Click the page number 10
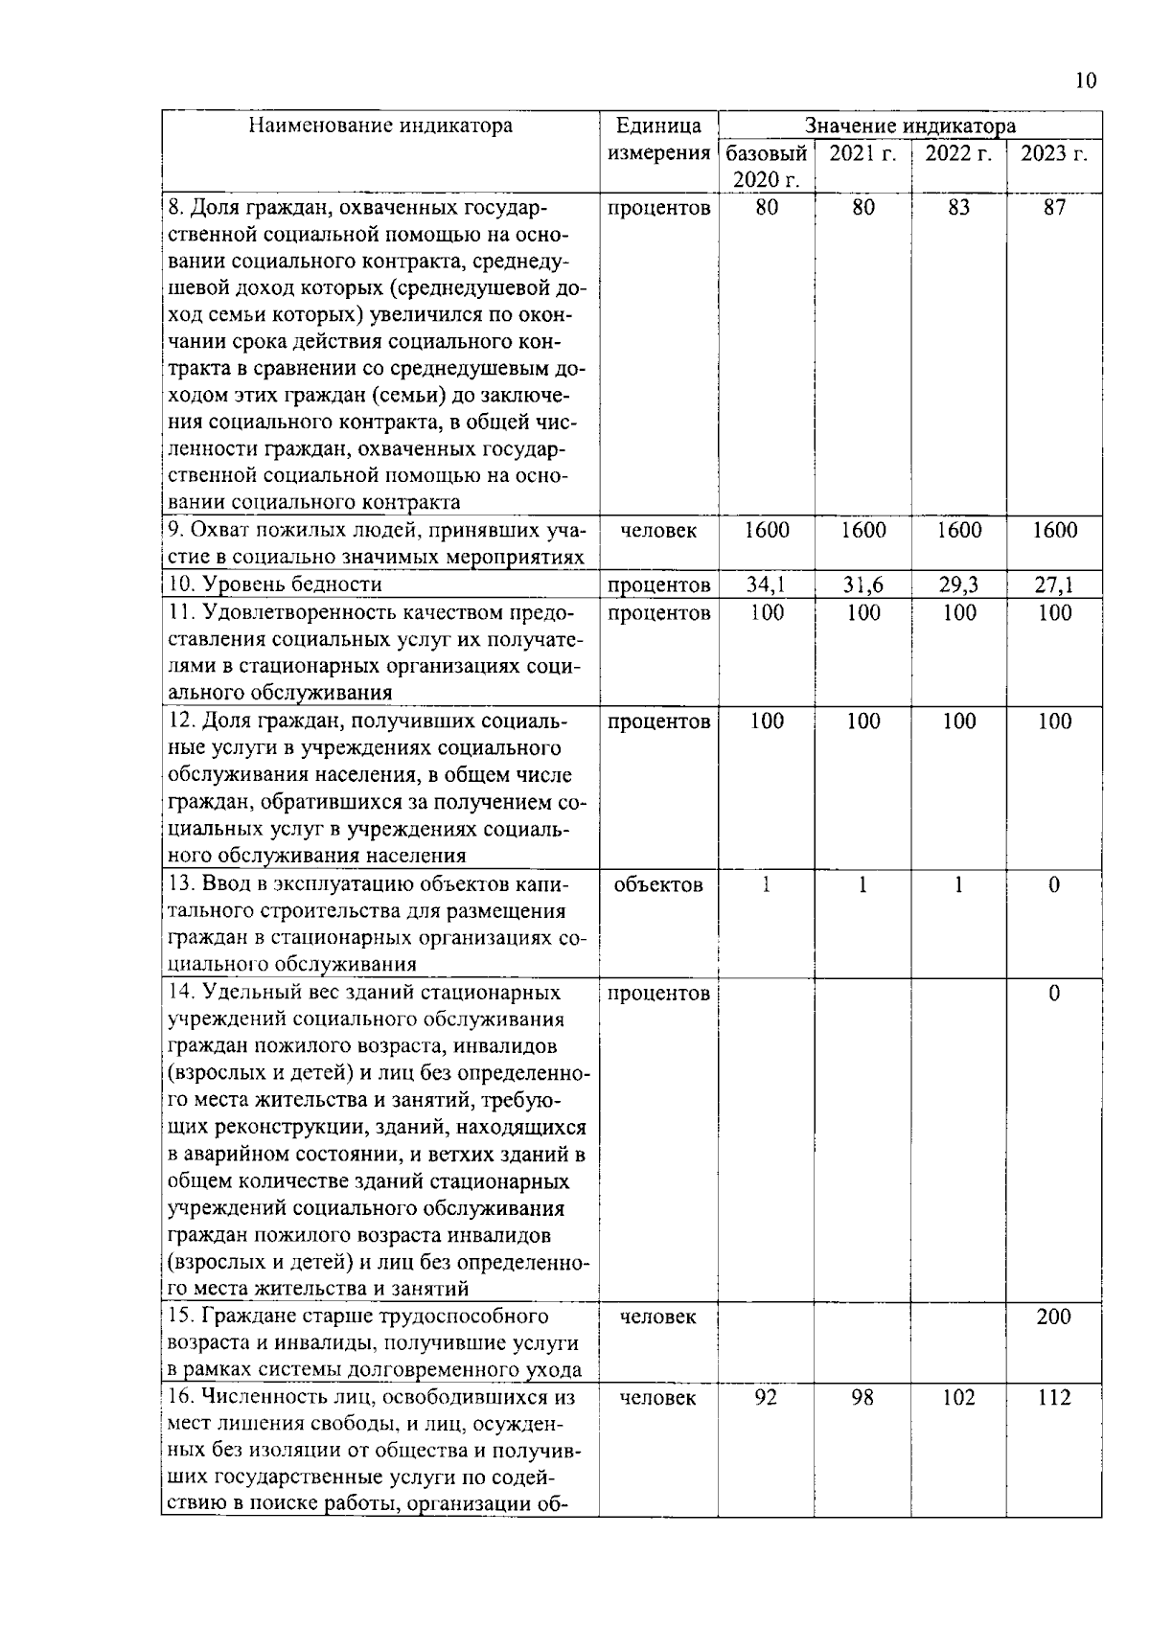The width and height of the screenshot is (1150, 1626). pos(1085,80)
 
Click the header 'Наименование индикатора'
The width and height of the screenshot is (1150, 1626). pos(380,126)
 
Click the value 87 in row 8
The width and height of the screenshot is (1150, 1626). pos(1054,208)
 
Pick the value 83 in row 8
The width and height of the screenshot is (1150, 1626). pos(958,208)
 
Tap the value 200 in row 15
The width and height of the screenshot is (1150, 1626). pos(1054,1317)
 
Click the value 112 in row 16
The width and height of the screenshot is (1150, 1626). pos(1054,1398)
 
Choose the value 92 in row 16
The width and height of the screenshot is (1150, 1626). pos(767,1398)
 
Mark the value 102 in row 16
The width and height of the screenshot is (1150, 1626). pos(958,1398)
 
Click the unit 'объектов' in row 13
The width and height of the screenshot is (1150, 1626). pos(658,885)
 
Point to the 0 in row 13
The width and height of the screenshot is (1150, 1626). pos(1054,885)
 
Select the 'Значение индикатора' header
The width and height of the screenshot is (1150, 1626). pos(909,126)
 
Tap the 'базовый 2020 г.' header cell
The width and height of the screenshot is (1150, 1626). pos(767,167)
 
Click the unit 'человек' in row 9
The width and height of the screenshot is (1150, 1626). pos(658,531)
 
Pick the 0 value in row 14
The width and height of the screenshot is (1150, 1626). pos(1054,994)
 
